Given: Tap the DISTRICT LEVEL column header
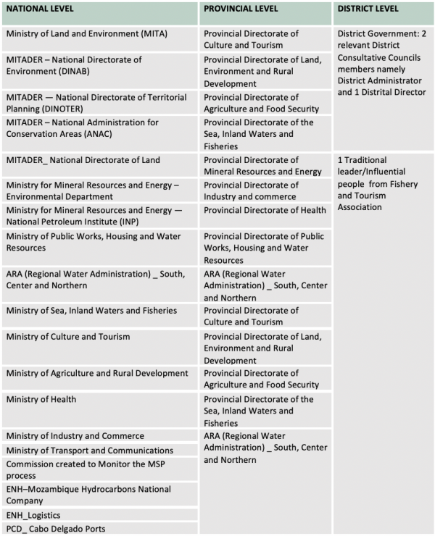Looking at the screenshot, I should (x=366, y=10).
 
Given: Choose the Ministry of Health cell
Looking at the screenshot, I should (x=41, y=400).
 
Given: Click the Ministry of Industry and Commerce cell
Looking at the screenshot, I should (x=75, y=436).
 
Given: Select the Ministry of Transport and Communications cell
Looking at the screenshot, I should (x=85, y=451).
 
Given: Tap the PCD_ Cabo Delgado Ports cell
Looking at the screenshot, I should (x=56, y=529).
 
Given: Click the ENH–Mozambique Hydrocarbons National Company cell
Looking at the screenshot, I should (x=88, y=495).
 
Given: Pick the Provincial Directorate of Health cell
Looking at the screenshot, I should (x=265, y=210).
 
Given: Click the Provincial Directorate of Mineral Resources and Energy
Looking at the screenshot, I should (x=262, y=166).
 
